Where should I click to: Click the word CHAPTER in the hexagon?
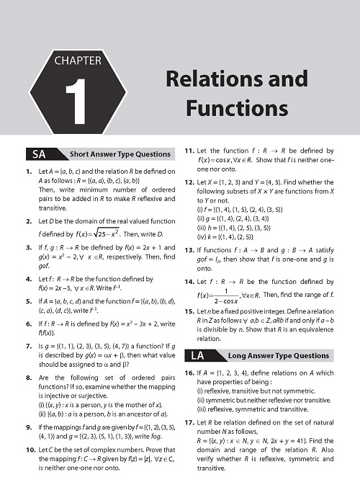click(x=78, y=61)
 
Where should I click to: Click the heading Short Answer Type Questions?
click(x=120, y=154)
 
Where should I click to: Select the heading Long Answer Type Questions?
click(x=278, y=355)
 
